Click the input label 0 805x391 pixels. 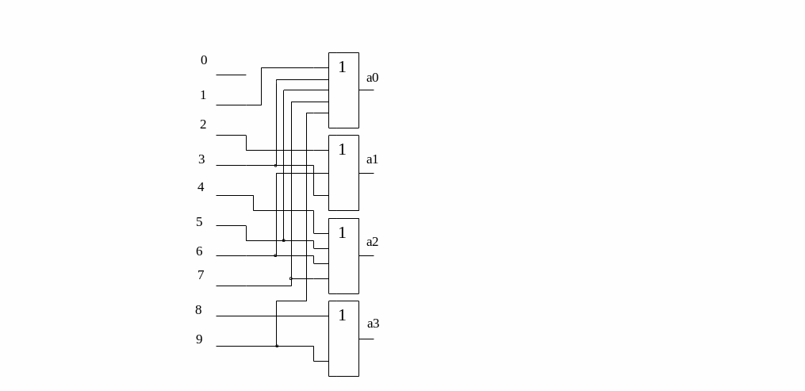[x=204, y=60]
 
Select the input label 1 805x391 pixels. [x=203, y=95]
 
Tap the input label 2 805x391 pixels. [x=203, y=125]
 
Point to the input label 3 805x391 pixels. [x=201, y=159]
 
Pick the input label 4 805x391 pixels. [x=201, y=187]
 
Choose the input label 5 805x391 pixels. [x=199, y=222]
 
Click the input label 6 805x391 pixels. [x=199, y=251]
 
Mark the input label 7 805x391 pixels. [x=201, y=275]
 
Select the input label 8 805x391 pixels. [x=198, y=310]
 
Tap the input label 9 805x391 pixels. [x=199, y=339]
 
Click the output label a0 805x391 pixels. [x=372, y=78]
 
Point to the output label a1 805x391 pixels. [x=372, y=159]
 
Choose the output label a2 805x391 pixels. [x=372, y=242]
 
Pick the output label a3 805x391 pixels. [x=374, y=324]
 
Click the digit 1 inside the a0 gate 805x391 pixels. [x=343, y=67]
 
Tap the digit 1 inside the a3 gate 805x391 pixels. [x=343, y=316]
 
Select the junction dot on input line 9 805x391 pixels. [x=277, y=346]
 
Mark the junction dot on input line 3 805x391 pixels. [x=276, y=166]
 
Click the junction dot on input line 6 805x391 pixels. [x=276, y=255]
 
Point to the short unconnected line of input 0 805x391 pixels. [x=231, y=75]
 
